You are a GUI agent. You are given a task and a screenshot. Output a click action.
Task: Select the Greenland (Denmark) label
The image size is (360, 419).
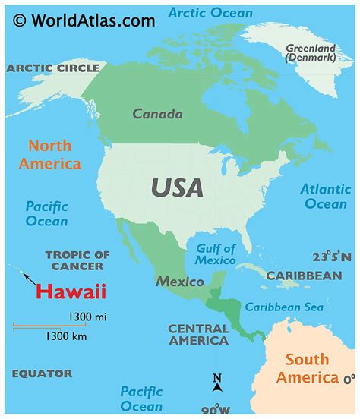click(x=311, y=52)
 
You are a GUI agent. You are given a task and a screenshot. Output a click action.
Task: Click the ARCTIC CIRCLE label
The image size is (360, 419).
click(x=53, y=68)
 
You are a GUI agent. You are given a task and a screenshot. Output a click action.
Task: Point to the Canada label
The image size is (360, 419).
click(x=158, y=115)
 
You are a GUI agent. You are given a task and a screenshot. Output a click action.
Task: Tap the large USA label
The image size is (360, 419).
click(x=177, y=187)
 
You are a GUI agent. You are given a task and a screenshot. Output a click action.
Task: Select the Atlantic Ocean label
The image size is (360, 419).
click(x=325, y=197)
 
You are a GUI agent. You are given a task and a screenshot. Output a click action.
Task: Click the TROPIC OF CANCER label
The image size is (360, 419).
click(x=77, y=260)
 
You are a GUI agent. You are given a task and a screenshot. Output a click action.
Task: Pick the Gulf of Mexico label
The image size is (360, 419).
click(x=216, y=254)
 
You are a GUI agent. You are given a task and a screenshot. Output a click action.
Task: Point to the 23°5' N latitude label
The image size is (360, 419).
click(x=332, y=257)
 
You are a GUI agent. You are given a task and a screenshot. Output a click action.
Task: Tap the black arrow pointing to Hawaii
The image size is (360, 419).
click(x=28, y=278)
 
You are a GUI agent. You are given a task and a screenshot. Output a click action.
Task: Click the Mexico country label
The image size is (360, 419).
click(x=180, y=282)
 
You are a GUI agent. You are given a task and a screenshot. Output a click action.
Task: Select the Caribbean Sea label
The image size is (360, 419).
click(x=284, y=307)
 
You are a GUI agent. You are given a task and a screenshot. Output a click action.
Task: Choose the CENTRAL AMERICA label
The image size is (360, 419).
click(x=198, y=335)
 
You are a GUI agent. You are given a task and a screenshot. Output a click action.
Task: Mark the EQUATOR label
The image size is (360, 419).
click(x=43, y=373)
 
